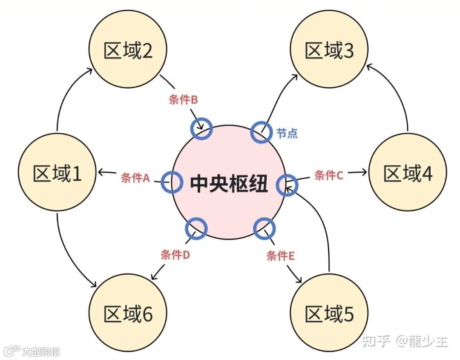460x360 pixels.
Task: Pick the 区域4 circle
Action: pos(408,173)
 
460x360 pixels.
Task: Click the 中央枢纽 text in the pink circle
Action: pos(229,184)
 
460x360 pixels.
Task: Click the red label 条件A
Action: pos(135,178)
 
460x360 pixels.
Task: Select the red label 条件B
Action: pos(183,100)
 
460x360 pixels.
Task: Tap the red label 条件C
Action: pos(328,175)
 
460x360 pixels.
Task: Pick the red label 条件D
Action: pos(175,255)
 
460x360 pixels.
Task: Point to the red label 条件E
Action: pos(281,256)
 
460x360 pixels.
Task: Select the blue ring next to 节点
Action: pos(260,132)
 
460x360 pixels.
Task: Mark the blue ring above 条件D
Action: pos(196,228)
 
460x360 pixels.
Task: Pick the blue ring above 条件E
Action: pos(264,228)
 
